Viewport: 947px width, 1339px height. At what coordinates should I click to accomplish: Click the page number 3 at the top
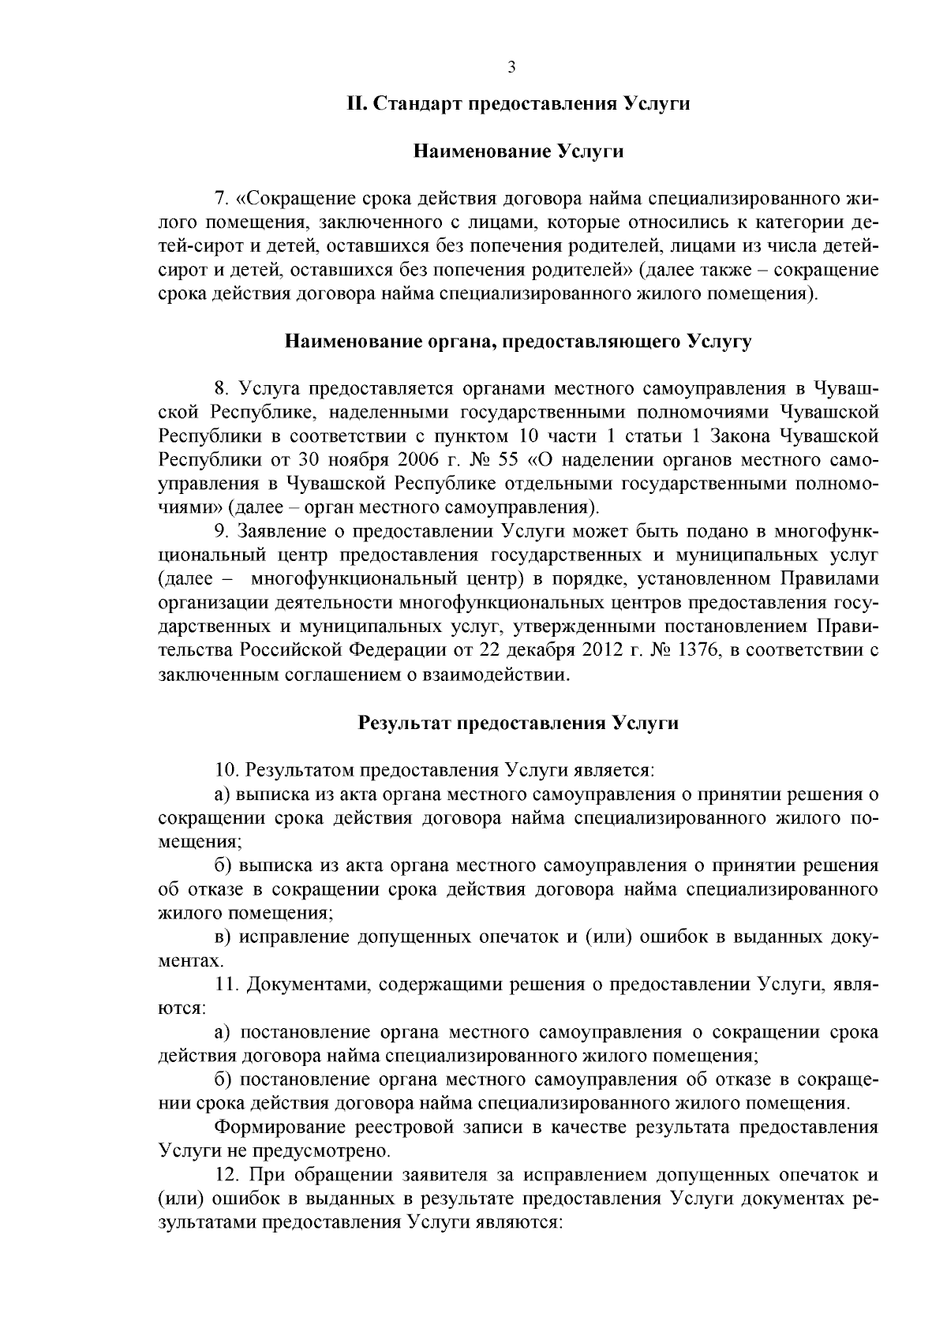(x=512, y=68)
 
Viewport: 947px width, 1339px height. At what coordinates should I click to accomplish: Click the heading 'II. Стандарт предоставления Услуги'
(x=518, y=104)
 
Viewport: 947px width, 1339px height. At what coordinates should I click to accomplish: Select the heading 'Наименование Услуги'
(x=518, y=151)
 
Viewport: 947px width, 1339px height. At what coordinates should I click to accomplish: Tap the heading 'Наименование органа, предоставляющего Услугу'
(x=518, y=342)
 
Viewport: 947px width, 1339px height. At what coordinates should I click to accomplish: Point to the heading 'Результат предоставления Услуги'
(x=518, y=723)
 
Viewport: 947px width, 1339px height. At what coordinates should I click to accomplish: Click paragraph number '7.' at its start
(x=223, y=199)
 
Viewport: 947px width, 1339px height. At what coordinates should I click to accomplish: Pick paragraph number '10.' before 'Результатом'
(x=228, y=769)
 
